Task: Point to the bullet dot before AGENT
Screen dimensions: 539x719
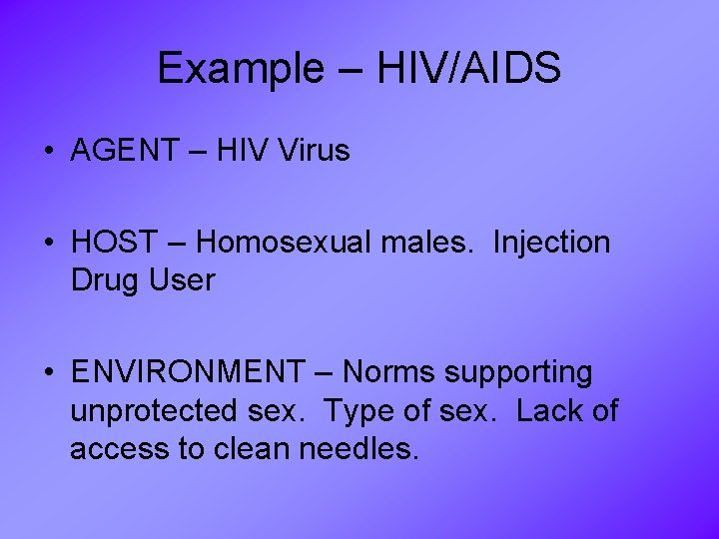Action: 48,153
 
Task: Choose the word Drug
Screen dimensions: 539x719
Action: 105,280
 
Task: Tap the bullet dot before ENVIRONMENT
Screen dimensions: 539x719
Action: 48,373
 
